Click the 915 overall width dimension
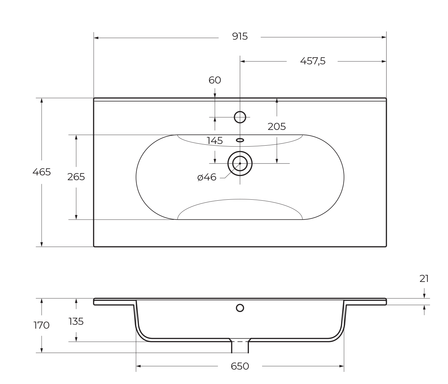pyautogui.click(x=240, y=37)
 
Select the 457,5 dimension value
pyautogui.click(x=312, y=61)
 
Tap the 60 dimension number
pyautogui.click(x=215, y=80)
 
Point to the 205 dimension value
pyautogui.click(x=276, y=127)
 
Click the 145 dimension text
pyautogui.click(x=214, y=141)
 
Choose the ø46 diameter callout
pyautogui.click(x=207, y=177)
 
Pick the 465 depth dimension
pyautogui.click(x=42, y=172)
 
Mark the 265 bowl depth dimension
pyautogui.click(x=76, y=177)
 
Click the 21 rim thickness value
pyautogui.click(x=424, y=279)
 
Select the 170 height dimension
pyautogui.click(x=42, y=325)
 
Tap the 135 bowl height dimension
pyautogui.click(x=76, y=321)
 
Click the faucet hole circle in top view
pyautogui.click(x=240, y=117)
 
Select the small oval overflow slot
pyautogui.click(x=240, y=140)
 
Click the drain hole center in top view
pyautogui.click(x=240, y=164)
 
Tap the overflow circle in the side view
pyautogui.click(x=240, y=308)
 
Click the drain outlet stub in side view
pyautogui.click(x=240, y=347)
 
